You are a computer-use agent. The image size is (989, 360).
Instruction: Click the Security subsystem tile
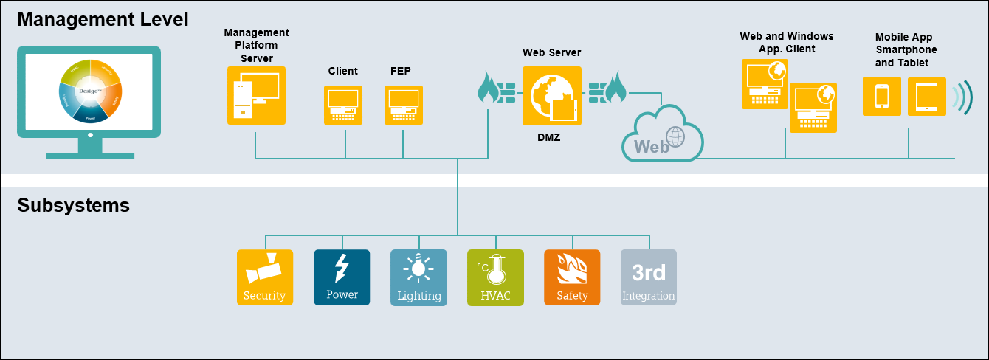click(x=265, y=277)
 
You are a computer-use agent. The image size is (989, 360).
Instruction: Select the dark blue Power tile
click(x=342, y=277)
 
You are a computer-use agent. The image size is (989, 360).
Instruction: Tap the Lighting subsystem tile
click(x=418, y=277)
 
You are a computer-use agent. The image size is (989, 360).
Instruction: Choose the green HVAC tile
click(x=495, y=277)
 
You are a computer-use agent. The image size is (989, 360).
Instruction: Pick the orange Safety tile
click(x=572, y=277)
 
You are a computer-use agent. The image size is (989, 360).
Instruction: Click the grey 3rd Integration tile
click(x=649, y=277)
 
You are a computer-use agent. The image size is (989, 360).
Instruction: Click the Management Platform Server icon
click(x=256, y=97)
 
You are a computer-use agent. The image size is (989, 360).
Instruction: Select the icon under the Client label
click(x=343, y=105)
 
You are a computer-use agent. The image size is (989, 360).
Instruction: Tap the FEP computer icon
click(x=404, y=105)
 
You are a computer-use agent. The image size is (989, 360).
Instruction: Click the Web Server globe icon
click(x=551, y=97)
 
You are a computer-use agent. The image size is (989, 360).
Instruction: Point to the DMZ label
click(x=548, y=136)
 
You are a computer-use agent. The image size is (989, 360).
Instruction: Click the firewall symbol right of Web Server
click(x=607, y=89)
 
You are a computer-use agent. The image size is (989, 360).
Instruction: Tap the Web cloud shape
click(x=662, y=134)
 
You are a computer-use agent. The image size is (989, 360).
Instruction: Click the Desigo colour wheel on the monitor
click(x=89, y=91)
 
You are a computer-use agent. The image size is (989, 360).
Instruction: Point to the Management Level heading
click(x=103, y=19)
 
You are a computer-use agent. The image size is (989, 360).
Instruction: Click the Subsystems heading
click(x=73, y=205)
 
